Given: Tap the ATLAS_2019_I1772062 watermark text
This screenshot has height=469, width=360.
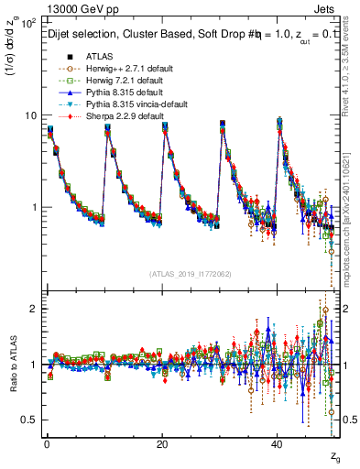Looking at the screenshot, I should (x=190, y=274).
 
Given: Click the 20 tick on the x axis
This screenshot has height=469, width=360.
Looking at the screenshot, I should (x=162, y=443).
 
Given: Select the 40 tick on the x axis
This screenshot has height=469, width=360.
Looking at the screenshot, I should (x=278, y=443).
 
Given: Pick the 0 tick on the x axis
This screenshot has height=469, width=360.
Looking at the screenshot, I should (x=47, y=443).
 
